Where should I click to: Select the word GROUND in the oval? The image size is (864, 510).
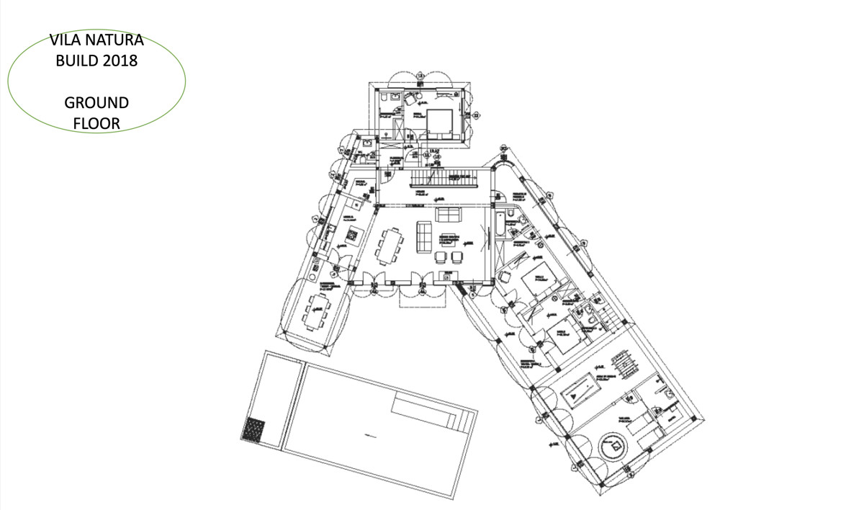(96, 102)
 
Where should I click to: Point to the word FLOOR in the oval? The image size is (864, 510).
(96, 123)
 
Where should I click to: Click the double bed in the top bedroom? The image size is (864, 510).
(439, 122)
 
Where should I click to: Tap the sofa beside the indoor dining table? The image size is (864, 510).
(424, 236)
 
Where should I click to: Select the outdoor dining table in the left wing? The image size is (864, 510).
(317, 310)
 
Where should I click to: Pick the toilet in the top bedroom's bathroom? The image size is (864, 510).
(386, 97)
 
